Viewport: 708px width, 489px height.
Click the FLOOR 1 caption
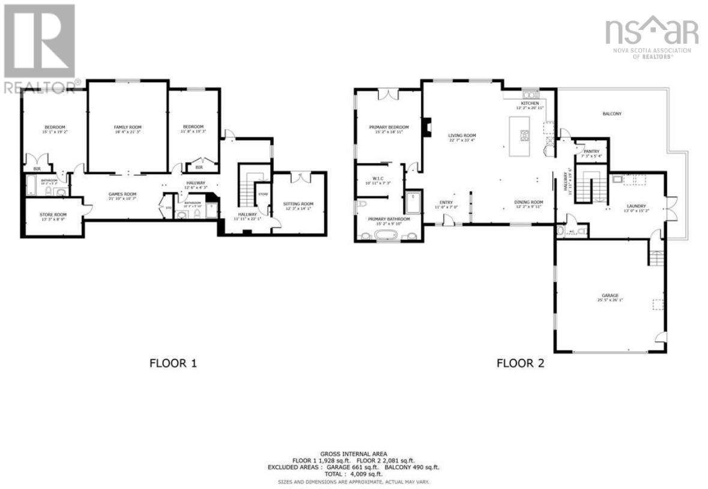(x=173, y=363)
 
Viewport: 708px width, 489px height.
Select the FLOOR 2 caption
(x=520, y=363)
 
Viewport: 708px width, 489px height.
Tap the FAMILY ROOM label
(x=127, y=127)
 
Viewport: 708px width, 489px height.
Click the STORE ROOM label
(x=54, y=215)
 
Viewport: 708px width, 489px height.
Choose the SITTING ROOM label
(x=298, y=205)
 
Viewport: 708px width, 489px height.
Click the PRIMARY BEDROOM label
(x=389, y=127)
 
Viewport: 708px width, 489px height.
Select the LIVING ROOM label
(x=462, y=136)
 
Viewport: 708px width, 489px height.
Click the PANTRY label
(x=588, y=151)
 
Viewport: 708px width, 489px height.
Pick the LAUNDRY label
(x=637, y=206)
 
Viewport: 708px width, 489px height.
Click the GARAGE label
(x=610, y=296)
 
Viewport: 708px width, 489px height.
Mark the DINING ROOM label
(x=528, y=202)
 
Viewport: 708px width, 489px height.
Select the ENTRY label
(x=446, y=203)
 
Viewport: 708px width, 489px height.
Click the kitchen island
(x=520, y=136)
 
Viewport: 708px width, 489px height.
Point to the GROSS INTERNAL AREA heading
(x=354, y=454)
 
